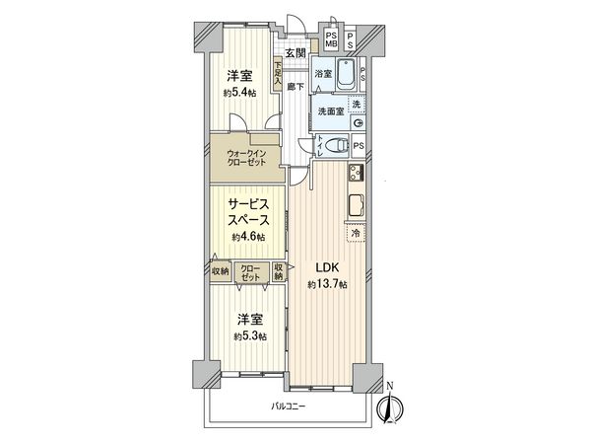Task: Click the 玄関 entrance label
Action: point(295,52)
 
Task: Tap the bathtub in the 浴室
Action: point(346,74)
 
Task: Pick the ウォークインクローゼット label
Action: point(245,158)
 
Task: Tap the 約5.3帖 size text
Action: point(248,335)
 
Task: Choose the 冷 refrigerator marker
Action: point(355,233)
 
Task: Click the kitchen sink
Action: point(355,206)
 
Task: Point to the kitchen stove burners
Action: point(356,174)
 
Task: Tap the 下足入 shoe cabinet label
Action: point(280,72)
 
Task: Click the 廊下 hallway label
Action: point(295,87)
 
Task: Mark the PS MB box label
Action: point(331,40)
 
